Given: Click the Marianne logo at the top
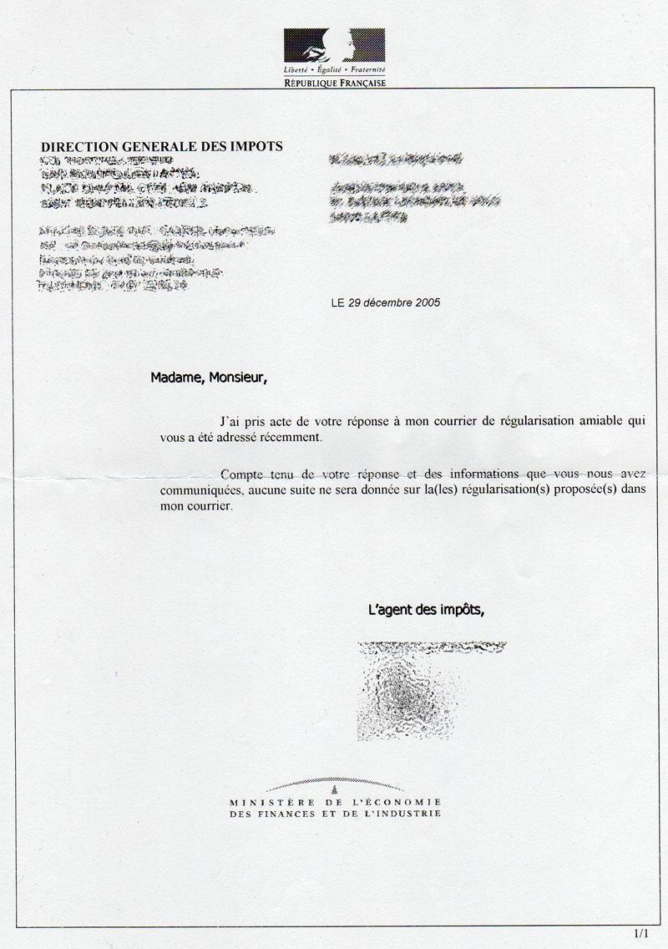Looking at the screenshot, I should click(334, 46).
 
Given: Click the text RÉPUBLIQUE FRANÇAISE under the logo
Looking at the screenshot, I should click(334, 84).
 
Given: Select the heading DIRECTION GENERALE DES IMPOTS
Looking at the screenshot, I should click(162, 146).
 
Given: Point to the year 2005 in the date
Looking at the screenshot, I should click(425, 302).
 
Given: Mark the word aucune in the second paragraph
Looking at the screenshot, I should click(275, 490).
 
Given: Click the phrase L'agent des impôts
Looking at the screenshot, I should click(426, 610).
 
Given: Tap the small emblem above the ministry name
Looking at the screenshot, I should click(334, 788).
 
